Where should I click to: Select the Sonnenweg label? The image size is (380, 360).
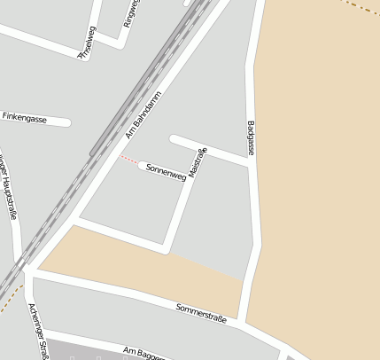166,171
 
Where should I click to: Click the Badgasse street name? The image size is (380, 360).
252,137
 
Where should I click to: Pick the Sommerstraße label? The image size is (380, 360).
201,311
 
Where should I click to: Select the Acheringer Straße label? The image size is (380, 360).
37,330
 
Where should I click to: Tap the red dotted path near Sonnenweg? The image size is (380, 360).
129,159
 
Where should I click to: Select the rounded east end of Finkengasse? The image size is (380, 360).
66,121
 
